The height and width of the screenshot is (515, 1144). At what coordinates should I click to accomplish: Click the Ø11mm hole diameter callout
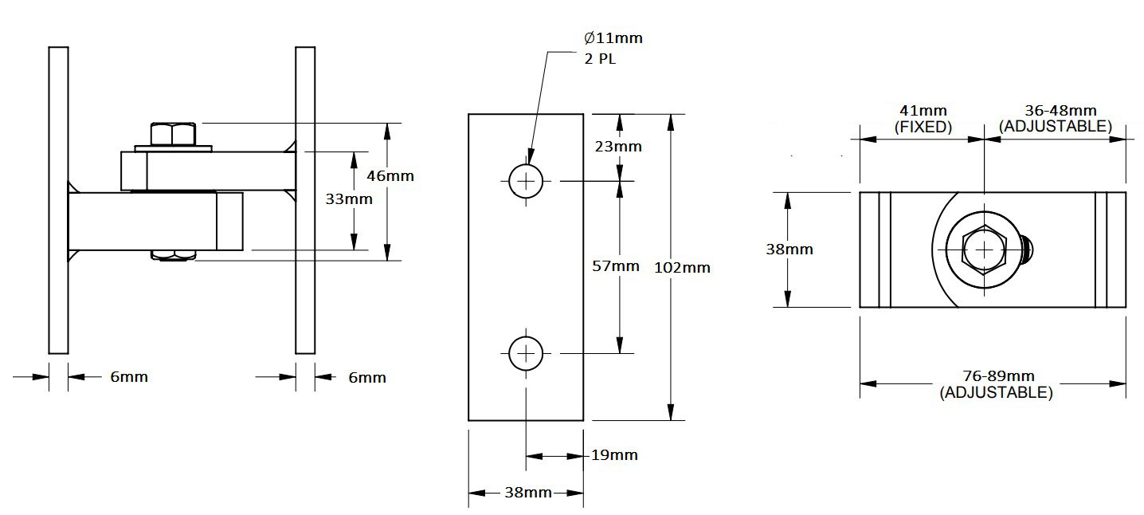click(x=613, y=37)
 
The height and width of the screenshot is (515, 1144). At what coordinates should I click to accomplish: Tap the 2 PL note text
click(x=600, y=59)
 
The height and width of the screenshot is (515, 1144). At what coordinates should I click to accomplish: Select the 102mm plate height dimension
click(x=682, y=267)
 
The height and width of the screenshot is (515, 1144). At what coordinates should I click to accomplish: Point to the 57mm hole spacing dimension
click(x=615, y=265)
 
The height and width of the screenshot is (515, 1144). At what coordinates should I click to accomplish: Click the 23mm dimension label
click(x=618, y=146)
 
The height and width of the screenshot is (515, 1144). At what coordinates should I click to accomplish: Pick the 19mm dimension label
click(x=614, y=454)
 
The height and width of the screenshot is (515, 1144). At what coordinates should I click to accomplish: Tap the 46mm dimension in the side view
click(x=390, y=175)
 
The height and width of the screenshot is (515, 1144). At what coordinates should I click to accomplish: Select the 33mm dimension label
click(x=349, y=199)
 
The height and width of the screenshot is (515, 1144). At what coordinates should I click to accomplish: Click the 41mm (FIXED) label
click(x=923, y=119)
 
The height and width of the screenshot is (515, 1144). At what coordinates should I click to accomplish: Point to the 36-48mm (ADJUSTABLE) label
click(x=1056, y=119)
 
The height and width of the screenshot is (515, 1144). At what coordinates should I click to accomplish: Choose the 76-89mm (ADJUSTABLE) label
click(x=997, y=384)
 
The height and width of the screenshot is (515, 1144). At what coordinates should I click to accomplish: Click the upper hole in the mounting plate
click(x=526, y=181)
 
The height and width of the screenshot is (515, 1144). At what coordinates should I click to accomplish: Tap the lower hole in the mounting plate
click(x=526, y=353)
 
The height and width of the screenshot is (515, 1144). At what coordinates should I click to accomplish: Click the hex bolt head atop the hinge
click(x=173, y=135)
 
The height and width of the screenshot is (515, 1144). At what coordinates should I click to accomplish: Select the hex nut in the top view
click(x=984, y=250)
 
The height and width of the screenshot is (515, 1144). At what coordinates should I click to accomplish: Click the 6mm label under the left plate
click(x=129, y=377)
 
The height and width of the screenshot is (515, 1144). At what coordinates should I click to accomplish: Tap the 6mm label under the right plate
click(x=367, y=378)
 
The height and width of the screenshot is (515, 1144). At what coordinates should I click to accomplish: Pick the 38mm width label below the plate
click(x=528, y=493)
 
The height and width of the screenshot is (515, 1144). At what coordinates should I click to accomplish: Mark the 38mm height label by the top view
click(x=789, y=250)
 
